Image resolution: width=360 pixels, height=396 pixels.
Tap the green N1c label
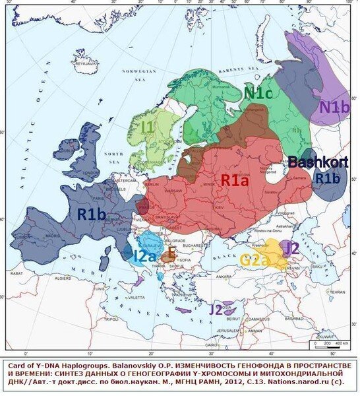click(258, 93)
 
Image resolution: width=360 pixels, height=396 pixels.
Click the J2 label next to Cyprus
click(215, 308)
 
